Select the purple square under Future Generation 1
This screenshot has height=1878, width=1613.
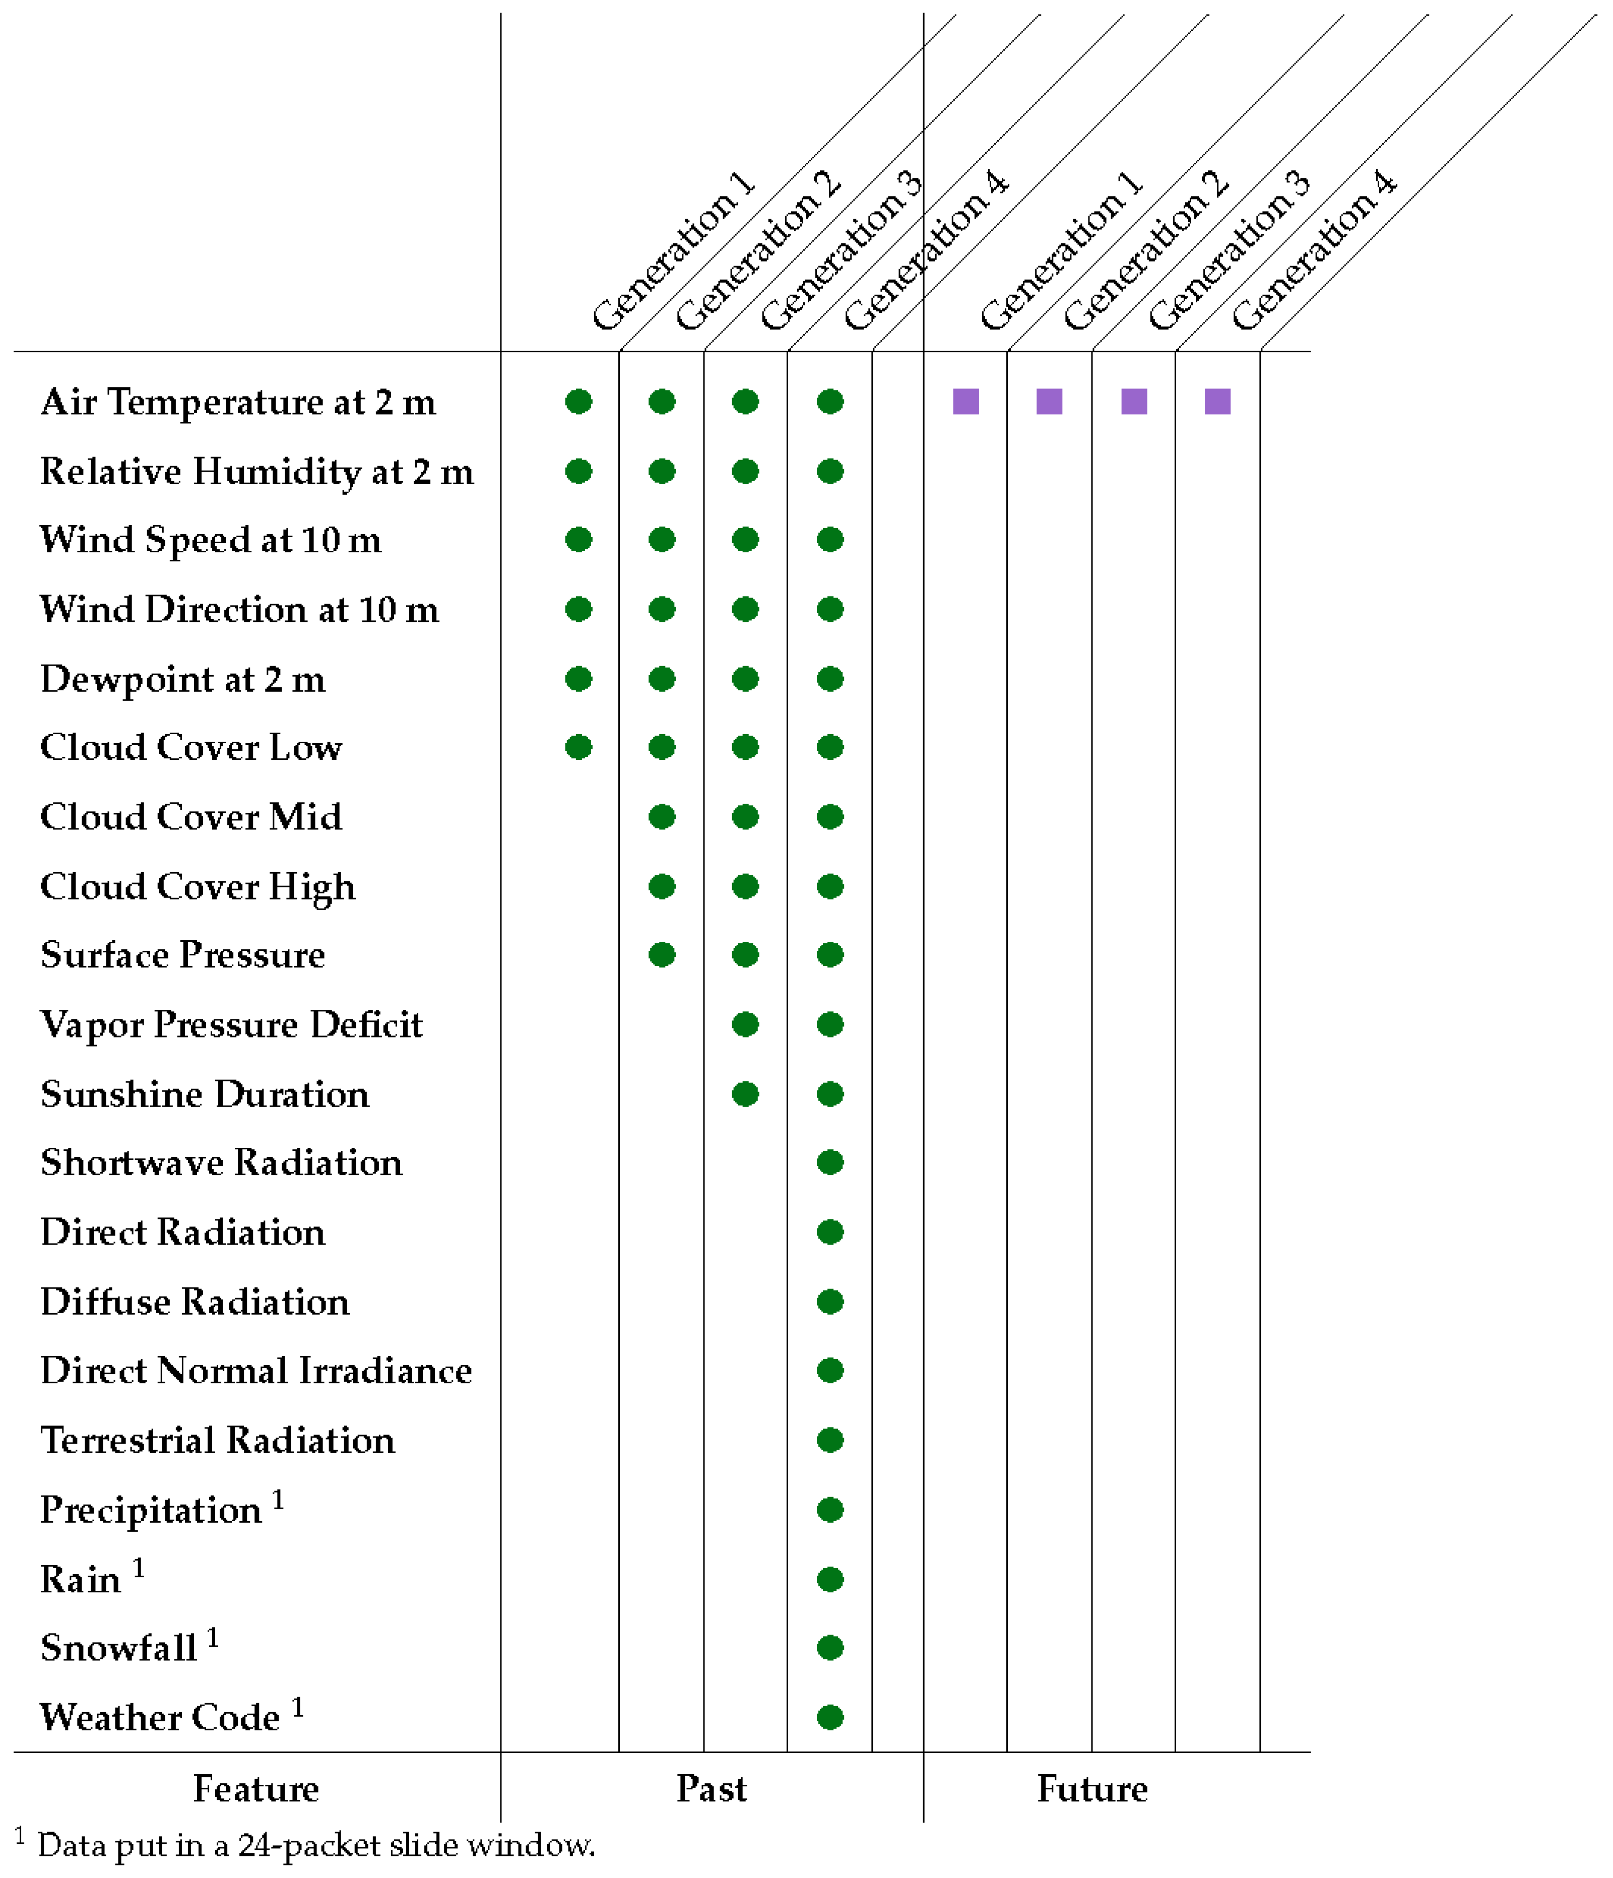tap(966, 402)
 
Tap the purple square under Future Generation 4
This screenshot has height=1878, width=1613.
tap(1217, 402)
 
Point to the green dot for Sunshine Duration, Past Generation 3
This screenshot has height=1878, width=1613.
tap(745, 1094)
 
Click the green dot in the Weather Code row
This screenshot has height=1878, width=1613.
tap(830, 1718)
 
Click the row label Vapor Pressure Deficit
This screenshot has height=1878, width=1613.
tap(232, 1025)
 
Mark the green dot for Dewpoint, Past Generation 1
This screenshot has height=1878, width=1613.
tap(578, 679)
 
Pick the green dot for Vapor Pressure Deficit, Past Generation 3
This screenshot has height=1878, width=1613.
tap(745, 1025)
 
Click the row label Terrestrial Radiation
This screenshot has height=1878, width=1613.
tap(218, 1440)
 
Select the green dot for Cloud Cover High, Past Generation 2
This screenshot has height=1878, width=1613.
tap(662, 886)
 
